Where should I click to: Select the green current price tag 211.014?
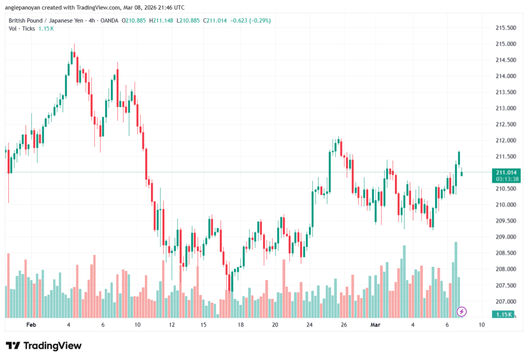click(505, 172)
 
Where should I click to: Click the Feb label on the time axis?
click(31, 325)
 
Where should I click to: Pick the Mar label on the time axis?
click(376, 325)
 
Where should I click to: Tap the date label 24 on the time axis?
click(309, 325)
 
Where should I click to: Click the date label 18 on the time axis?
click(240, 325)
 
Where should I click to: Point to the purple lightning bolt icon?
click(462, 312)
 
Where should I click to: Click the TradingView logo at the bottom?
click(43, 346)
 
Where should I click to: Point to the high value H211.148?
click(161, 21)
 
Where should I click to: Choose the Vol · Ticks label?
click(21, 28)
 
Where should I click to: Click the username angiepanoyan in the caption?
click(27, 7)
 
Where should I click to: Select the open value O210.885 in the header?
click(134, 21)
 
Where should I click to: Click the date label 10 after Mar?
click(481, 325)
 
